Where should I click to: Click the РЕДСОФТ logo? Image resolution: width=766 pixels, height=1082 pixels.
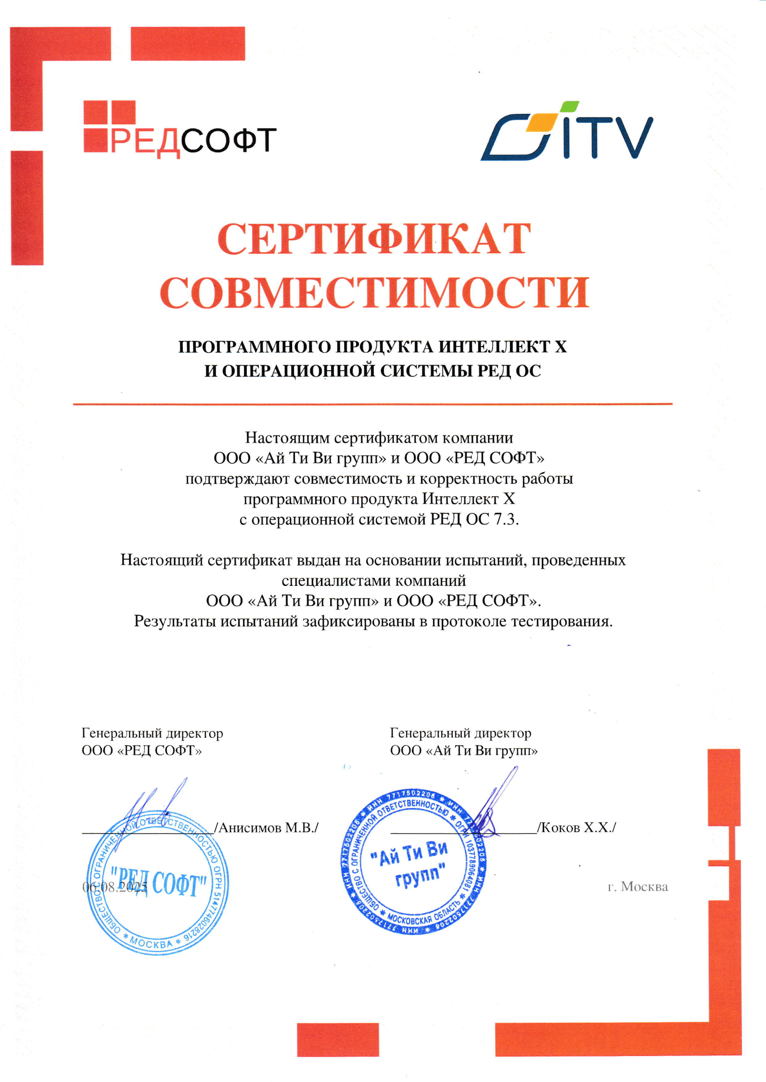(179, 130)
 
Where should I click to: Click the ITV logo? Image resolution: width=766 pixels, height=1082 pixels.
(566, 132)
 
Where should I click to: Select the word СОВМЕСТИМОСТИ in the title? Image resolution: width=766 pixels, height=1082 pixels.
(375, 293)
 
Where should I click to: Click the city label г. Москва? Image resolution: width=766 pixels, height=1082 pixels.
(638, 887)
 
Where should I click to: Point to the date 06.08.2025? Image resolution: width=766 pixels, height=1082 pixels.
(114, 887)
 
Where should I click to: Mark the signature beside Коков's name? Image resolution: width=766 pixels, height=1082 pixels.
(493, 806)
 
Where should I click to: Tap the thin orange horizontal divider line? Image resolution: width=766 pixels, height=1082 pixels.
(373, 404)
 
